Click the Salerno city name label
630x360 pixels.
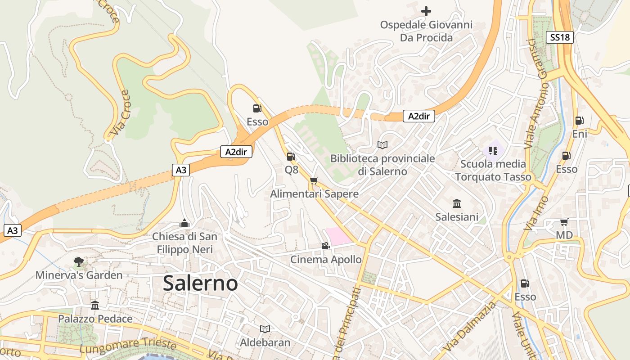click(x=200, y=283)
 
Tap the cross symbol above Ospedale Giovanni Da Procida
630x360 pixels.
click(x=426, y=11)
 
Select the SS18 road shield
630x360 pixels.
click(x=560, y=37)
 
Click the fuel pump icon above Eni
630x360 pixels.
click(x=580, y=120)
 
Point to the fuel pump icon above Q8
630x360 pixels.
click(x=291, y=157)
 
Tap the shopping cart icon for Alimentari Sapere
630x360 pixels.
click(x=314, y=180)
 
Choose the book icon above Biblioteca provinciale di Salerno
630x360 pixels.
click(x=382, y=145)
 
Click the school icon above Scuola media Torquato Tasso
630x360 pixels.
click(x=493, y=150)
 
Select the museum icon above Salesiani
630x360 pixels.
click(x=457, y=203)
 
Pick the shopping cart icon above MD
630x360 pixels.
click(x=564, y=221)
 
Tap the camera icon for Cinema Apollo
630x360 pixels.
click(x=325, y=246)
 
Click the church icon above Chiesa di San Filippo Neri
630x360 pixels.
click(x=184, y=223)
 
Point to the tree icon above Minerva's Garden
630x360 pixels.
click(x=79, y=261)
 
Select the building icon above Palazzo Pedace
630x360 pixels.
click(x=95, y=306)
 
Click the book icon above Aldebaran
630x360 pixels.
click(x=265, y=329)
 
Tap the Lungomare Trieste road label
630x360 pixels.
click(x=128, y=345)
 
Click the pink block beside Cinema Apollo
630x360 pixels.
click(x=340, y=236)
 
